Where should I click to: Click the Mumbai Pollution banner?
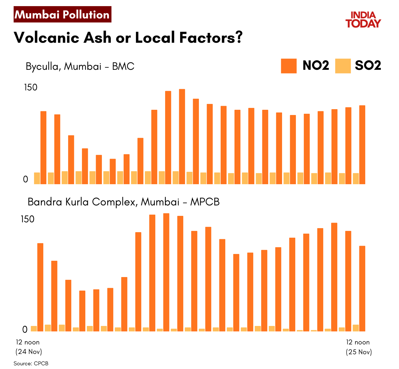pyautogui.click(x=62, y=14)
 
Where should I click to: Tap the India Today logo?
pyautogui.click(x=363, y=20)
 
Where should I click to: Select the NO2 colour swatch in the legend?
pyautogui.click(x=289, y=66)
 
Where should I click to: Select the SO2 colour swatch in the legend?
pyautogui.click(x=343, y=66)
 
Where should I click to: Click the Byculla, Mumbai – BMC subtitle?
pyautogui.click(x=80, y=66)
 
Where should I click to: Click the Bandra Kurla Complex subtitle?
pyautogui.click(x=123, y=202)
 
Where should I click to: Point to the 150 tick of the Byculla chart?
pyautogui.click(x=31, y=87)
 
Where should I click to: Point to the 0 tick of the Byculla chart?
pyautogui.click(x=26, y=179)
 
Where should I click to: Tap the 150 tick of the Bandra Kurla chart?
pyautogui.click(x=28, y=219)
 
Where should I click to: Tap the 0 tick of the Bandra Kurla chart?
pyautogui.click(x=25, y=329)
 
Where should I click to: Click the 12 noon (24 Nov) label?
pyautogui.click(x=28, y=347)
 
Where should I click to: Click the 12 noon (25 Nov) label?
pyautogui.click(x=358, y=347)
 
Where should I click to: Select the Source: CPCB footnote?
pyautogui.click(x=31, y=363)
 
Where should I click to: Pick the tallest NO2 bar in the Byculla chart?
pyautogui.click(x=182, y=137)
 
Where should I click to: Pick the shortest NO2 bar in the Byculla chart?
pyautogui.click(x=113, y=171)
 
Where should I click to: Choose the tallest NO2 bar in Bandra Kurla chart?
pyautogui.click(x=166, y=272)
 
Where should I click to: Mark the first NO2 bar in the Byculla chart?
pyautogui.click(x=43, y=148)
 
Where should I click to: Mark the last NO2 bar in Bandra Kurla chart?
pyautogui.click(x=362, y=288)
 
